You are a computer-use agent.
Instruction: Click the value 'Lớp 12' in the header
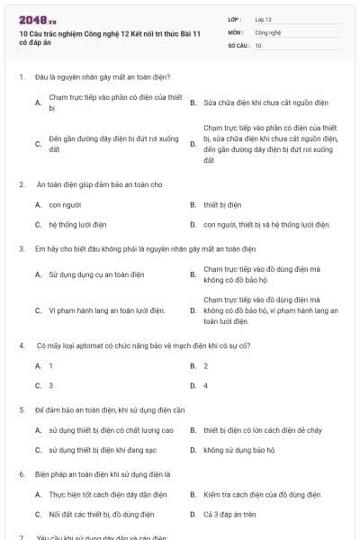264,18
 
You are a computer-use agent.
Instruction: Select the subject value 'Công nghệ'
268,31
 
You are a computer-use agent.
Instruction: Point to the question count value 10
258,44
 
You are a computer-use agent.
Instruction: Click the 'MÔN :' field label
236,31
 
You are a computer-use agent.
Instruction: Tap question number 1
21,76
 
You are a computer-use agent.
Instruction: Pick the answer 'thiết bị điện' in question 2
222,204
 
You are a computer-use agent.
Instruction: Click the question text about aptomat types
143,346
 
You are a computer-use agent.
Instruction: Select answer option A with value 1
50,365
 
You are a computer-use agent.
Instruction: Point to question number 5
21,409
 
